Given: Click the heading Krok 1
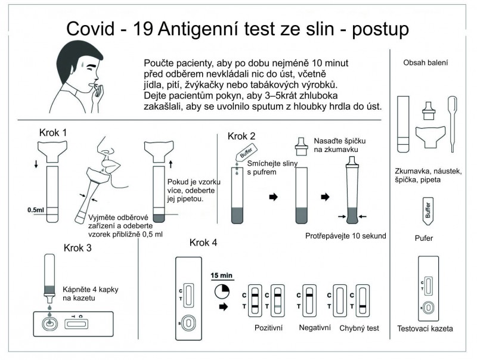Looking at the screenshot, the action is (x=52, y=132).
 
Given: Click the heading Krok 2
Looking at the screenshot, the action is (x=241, y=136).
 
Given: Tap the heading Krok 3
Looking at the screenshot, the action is (x=78, y=248).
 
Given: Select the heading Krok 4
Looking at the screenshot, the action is (x=203, y=243).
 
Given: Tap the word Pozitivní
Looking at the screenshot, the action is (x=268, y=328).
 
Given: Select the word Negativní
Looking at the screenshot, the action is (x=315, y=328).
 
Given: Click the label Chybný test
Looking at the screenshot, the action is (x=360, y=328).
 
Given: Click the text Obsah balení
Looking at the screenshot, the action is (x=426, y=62).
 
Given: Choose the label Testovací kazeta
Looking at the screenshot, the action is (x=425, y=328).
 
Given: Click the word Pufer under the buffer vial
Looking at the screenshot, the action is (x=426, y=238).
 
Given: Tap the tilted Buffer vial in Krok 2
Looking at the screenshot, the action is (x=246, y=154).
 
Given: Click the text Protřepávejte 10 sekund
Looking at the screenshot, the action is (x=345, y=235).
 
